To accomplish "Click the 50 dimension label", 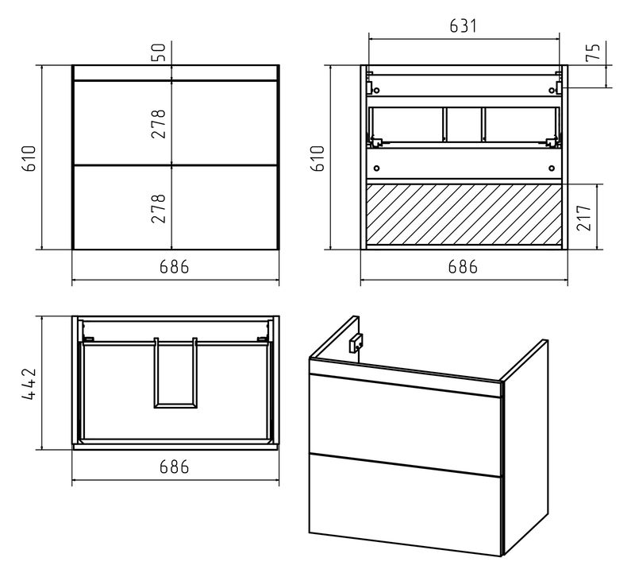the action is [x=160, y=52].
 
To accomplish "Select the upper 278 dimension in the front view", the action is [x=159, y=124].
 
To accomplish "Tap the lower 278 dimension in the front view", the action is [x=159, y=208].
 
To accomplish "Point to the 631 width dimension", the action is [x=464, y=26].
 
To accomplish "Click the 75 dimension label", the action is [x=593, y=52].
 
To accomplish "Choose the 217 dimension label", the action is [x=584, y=218].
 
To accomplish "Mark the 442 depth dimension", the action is [x=29, y=384].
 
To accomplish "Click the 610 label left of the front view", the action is [x=29, y=158].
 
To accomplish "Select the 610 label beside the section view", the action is [x=318, y=158].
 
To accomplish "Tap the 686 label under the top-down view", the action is [x=174, y=467].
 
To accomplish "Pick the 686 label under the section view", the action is [x=463, y=267].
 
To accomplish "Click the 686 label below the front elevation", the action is [x=174, y=267].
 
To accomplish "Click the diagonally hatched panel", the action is [x=464, y=215].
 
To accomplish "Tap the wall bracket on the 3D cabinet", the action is [x=356, y=343].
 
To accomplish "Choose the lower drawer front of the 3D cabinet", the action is [x=405, y=504].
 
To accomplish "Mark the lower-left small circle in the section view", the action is [x=377, y=168].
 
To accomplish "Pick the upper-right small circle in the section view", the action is [x=552, y=90].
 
